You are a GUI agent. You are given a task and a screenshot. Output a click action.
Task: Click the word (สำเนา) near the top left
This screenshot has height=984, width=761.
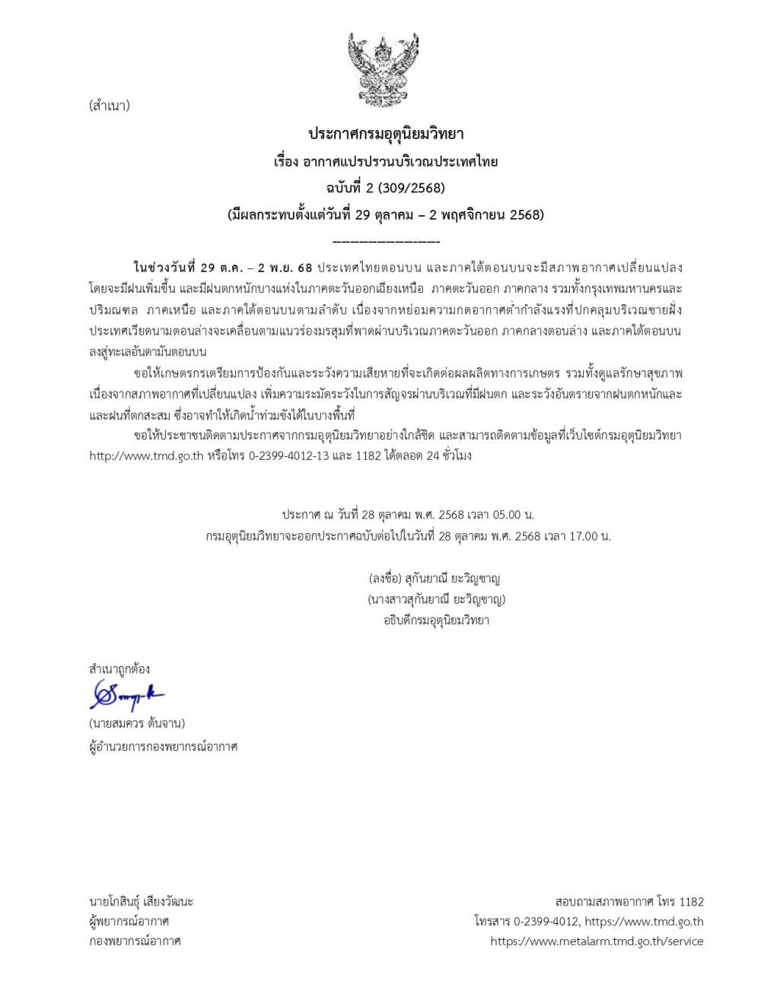pos(110,106)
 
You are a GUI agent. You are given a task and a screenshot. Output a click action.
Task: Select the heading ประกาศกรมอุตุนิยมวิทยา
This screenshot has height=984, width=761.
pos(386,134)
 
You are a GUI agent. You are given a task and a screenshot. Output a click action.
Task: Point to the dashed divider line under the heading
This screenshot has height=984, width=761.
pos(386,242)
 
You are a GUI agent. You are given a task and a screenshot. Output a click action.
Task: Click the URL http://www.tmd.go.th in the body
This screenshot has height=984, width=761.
pos(146,456)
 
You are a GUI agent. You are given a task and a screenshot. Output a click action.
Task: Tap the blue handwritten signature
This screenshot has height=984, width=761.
pos(126,695)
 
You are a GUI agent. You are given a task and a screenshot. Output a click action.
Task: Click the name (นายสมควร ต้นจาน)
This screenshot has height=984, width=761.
pos(137,722)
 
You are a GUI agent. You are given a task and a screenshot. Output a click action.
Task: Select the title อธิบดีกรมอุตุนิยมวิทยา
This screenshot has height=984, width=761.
pos(436,620)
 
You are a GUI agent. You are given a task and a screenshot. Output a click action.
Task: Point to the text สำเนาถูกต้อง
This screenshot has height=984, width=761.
pos(119,669)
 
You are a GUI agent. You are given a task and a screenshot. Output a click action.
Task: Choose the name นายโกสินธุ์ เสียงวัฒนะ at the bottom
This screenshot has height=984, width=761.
pos(142,901)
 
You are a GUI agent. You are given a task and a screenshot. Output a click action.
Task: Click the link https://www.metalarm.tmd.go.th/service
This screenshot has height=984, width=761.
pos(597,941)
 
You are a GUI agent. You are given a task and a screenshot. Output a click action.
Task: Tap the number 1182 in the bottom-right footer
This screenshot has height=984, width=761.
pos(690,902)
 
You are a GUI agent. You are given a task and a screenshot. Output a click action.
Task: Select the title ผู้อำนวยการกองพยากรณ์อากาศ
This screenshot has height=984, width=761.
pos(164,746)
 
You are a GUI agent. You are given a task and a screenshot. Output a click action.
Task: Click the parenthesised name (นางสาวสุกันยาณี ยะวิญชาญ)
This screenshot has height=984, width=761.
pos(436,599)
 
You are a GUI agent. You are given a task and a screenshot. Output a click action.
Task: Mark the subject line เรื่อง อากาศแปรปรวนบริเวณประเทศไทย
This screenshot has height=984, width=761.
pos(386,161)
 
